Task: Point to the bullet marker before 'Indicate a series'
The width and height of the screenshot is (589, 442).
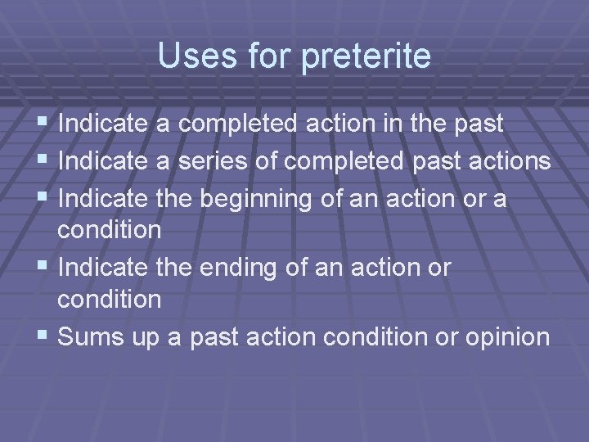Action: (45, 161)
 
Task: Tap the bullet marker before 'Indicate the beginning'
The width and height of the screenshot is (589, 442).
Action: (45, 197)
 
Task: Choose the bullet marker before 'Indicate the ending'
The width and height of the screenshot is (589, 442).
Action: (45, 268)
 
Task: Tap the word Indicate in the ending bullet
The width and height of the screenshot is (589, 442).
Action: (101, 268)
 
